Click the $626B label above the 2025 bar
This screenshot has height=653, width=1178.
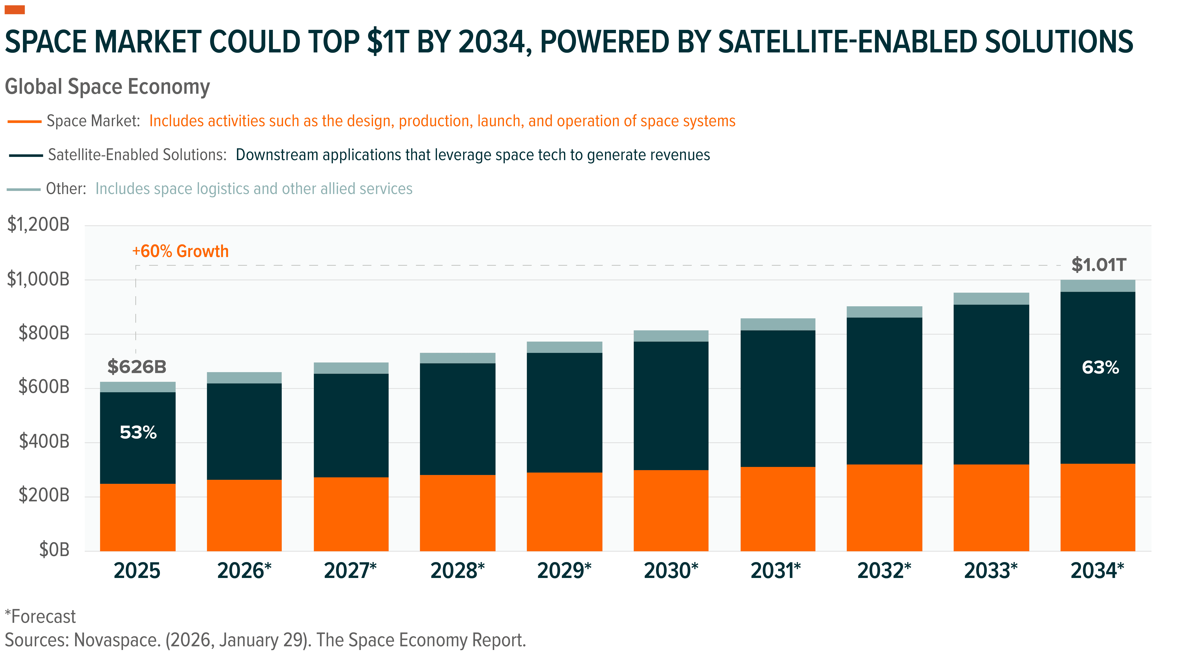[x=137, y=366]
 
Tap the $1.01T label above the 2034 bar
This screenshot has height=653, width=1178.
[x=1098, y=265]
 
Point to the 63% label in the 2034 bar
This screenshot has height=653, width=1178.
[x=1100, y=367]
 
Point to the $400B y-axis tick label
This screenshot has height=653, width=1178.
[x=44, y=442]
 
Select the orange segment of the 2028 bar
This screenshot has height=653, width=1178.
[x=457, y=513]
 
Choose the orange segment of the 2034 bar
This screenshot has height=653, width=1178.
[x=1097, y=507]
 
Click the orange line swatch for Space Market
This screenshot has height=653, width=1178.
[x=25, y=122]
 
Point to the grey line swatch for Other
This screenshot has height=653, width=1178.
[x=24, y=189]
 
